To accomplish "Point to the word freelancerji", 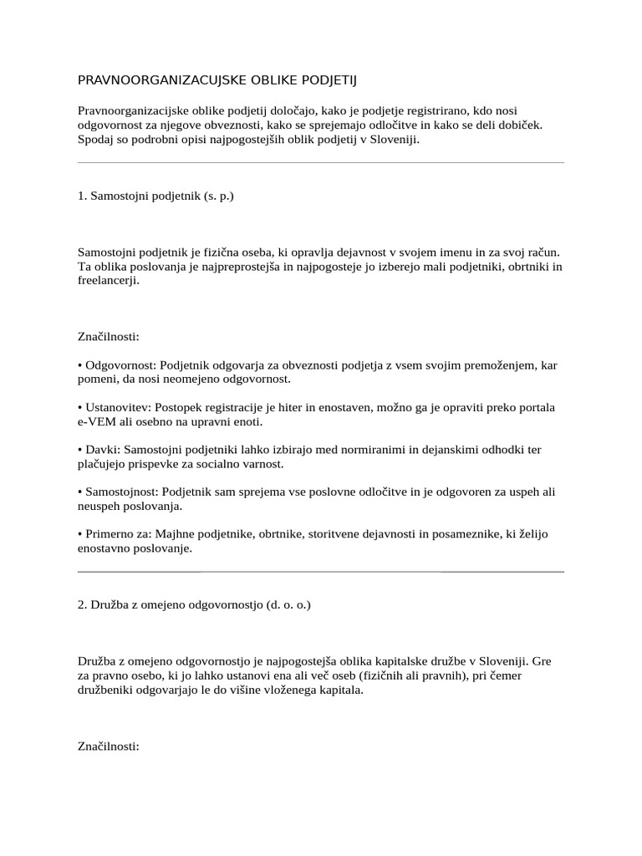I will click(109, 281).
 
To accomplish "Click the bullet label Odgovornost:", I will click(120, 365).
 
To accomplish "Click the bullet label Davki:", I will click(102, 450).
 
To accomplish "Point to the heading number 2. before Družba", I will click(82, 604).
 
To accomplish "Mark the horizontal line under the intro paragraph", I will click(320, 162).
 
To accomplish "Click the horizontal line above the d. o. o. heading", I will click(320, 572).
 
